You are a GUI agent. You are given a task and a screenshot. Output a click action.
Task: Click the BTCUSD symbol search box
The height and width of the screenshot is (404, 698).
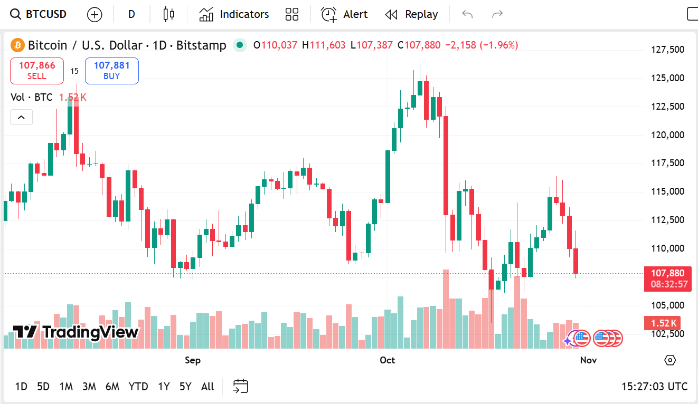pyautogui.click(x=39, y=14)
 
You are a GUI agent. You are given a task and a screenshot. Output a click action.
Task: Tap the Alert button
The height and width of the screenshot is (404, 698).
pyautogui.click(x=345, y=14)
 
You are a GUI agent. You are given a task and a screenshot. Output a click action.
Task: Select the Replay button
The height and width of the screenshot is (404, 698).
pyautogui.click(x=412, y=14)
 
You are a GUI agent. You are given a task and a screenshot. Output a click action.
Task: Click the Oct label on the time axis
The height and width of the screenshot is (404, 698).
pyautogui.click(x=387, y=360)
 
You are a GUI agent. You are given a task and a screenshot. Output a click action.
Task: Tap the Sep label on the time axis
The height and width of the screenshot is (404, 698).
pyautogui.click(x=193, y=360)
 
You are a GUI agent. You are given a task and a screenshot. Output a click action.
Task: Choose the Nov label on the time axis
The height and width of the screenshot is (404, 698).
pyautogui.click(x=588, y=360)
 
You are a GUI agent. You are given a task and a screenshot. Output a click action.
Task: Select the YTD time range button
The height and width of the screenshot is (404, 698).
pyautogui.click(x=138, y=387)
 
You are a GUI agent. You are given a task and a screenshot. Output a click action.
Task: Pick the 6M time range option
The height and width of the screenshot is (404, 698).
pyautogui.click(x=112, y=387)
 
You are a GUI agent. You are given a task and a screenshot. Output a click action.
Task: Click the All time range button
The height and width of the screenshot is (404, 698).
pyautogui.click(x=207, y=387)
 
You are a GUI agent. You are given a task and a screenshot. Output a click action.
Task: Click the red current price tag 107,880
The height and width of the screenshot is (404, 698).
pyautogui.click(x=667, y=273)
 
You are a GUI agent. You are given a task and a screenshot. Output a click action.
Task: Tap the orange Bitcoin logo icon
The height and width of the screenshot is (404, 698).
pyautogui.click(x=17, y=45)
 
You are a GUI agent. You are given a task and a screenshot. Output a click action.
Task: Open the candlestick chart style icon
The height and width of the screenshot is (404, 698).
pyautogui.click(x=168, y=14)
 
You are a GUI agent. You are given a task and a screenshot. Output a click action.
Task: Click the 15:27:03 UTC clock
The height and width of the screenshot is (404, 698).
pyautogui.click(x=654, y=387)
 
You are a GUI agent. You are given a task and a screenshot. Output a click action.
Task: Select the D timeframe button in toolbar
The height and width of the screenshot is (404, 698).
pyautogui.click(x=131, y=14)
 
